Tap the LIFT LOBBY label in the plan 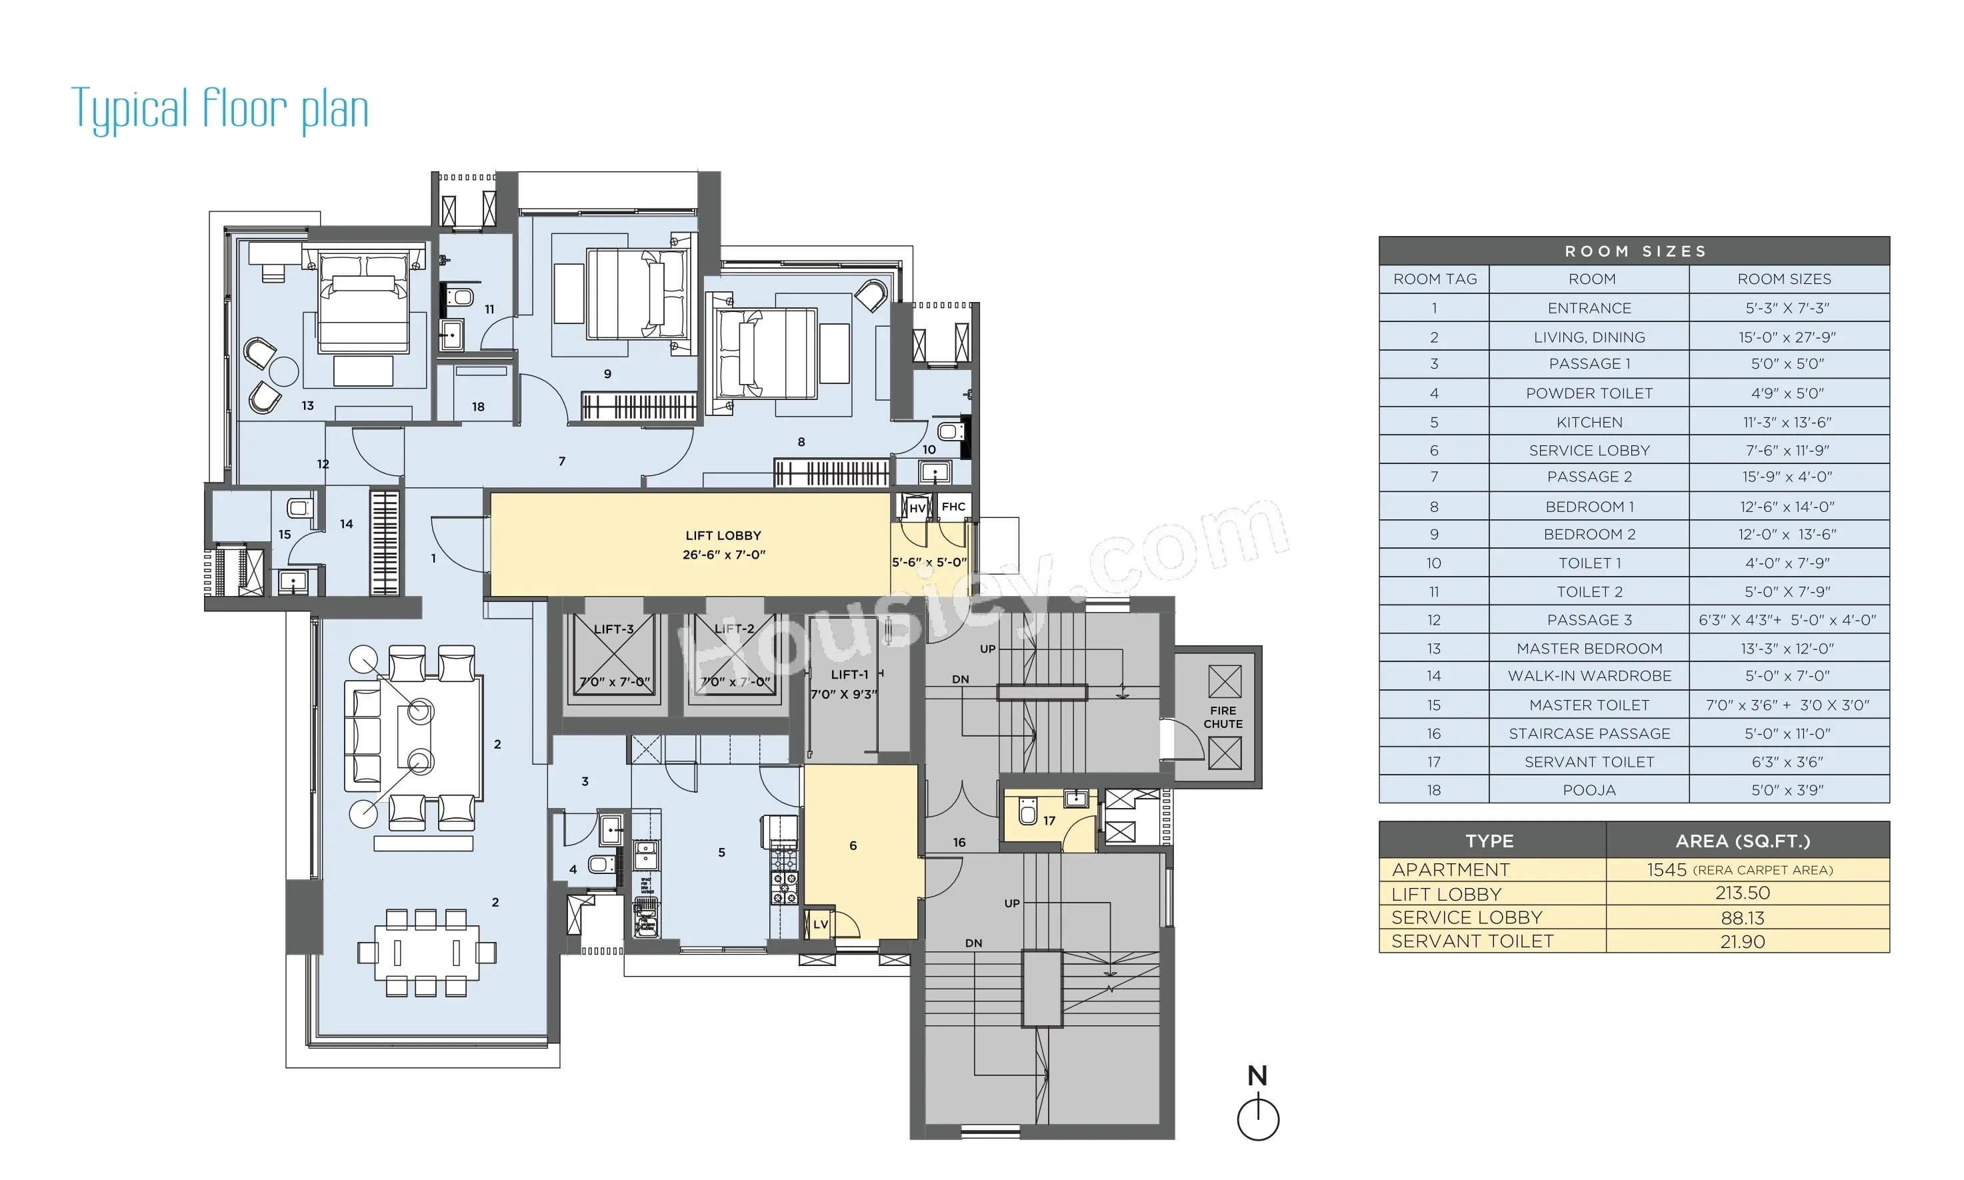pyautogui.click(x=722, y=536)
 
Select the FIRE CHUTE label pyautogui.click(x=1222, y=717)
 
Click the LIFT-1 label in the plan pyautogui.click(x=849, y=674)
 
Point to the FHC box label pyautogui.click(x=953, y=507)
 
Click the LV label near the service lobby pyautogui.click(x=821, y=924)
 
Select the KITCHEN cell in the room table pyautogui.click(x=1589, y=422)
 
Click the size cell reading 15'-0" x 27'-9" pyautogui.click(x=1787, y=337)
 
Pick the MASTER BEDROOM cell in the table pyautogui.click(x=1589, y=649)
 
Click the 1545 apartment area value pyautogui.click(x=1666, y=870)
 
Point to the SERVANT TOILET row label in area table pyautogui.click(x=1472, y=941)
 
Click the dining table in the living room pyautogui.click(x=426, y=952)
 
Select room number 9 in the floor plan pyautogui.click(x=607, y=374)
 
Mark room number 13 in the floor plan pyautogui.click(x=308, y=405)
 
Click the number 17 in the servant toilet pyautogui.click(x=1049, y=821)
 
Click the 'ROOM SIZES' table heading pyautogui.click(x=1635, y=251)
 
